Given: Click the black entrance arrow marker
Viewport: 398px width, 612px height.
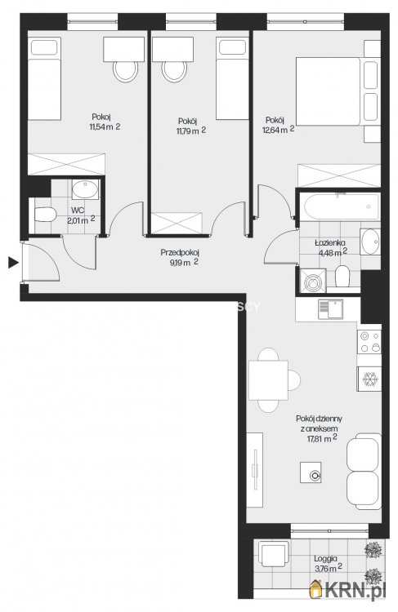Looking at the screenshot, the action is click(x=13, y=263).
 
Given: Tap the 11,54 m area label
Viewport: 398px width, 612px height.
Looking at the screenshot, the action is click(x=105, y=126).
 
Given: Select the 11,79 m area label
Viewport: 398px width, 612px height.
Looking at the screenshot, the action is click(x=190, y=131).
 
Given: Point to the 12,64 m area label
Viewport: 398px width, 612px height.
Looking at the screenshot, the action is click(x=279, y=130).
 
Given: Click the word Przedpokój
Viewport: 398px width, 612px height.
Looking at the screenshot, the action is click(x=180, y=253).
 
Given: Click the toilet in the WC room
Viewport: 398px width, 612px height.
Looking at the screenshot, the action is click(x=45, y=215).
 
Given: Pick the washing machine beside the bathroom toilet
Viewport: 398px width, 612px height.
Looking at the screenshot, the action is click(x=312, y=280).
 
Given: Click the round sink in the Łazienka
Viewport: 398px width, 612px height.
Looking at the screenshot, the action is click(x=370, y=242).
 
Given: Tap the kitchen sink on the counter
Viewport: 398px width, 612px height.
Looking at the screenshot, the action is click(x=330, y=309).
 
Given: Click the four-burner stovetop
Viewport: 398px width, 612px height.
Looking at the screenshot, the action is click(x=369, y=342).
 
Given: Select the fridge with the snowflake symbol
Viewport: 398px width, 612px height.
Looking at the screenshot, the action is click(x=369, y=379).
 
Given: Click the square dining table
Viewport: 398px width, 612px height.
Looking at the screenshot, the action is click(x=268, y=380).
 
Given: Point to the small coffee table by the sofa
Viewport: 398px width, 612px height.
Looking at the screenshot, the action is click(x=311, y=472).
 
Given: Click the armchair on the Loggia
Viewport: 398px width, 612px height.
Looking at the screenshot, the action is click(x=273, y=553).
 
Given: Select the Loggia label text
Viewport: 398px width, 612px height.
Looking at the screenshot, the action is click(x=325, y=559).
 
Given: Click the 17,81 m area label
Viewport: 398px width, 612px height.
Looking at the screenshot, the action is click(x=322, y=439).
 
